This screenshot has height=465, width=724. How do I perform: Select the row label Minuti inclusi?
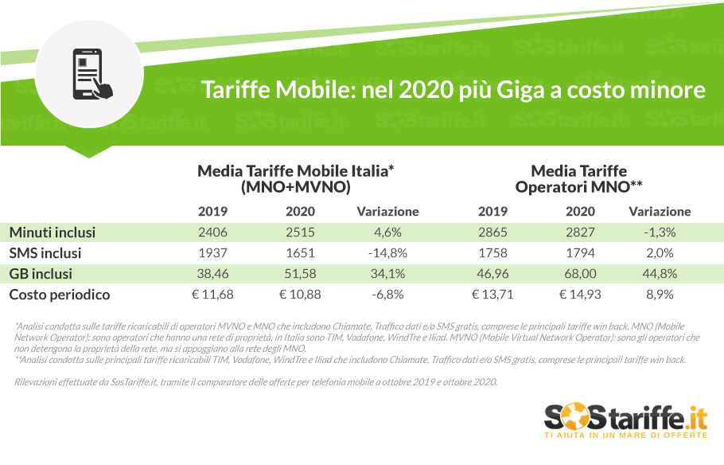point(53,232)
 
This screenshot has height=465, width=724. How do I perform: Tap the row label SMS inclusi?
point(45,253)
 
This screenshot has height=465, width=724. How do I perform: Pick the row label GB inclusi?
point(41,274)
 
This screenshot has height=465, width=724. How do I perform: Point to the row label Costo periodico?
point(60,295)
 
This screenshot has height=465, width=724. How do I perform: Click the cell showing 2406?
point(212,232)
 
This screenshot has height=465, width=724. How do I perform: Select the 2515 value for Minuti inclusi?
point(300,232)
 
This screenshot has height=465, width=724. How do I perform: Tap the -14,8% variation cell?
point(387,253)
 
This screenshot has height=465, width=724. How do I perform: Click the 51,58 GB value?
point(300,274)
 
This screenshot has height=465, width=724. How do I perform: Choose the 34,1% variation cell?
point(387,274)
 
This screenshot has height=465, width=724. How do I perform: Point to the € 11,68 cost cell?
point(212,295)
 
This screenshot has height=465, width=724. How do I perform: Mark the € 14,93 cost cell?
point(580,295)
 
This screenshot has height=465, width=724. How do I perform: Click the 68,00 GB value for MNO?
point(580,274)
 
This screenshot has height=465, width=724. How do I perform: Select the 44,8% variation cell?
point(660,274)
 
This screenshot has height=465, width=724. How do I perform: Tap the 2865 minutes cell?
point(492,232)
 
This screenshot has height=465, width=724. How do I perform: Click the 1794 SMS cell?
point(580,253)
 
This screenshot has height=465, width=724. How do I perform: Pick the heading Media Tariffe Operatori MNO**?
point(578,179)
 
